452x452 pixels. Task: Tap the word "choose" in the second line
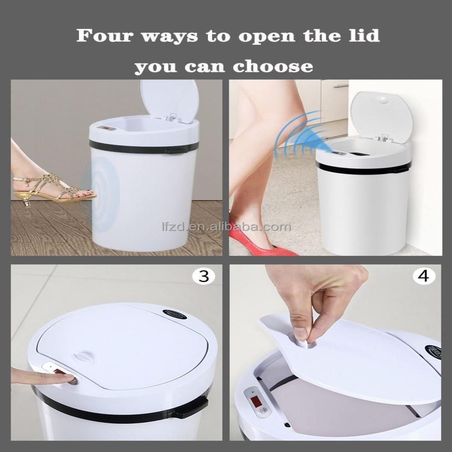(273, 66)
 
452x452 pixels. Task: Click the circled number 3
(204, 276)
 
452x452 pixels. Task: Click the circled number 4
(423, 276)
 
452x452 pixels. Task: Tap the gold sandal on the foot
(50, 188)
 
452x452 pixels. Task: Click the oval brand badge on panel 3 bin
(174, 314)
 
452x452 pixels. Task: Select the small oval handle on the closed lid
(85, 357)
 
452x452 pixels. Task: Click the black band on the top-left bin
(136, 147)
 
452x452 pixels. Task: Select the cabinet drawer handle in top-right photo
(340, 85)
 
